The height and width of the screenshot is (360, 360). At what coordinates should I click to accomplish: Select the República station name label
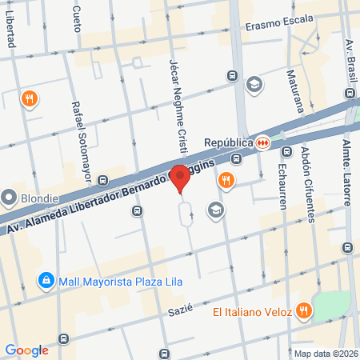[x=234, y=142]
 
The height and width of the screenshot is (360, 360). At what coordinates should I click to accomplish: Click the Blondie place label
[x=38, y=198]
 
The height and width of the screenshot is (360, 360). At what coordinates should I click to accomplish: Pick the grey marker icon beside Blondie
[x=10, y=197]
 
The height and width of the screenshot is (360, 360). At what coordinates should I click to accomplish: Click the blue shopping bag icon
[x=46, y=281]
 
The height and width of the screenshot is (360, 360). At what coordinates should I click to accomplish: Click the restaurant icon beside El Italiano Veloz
[x=303, y=310]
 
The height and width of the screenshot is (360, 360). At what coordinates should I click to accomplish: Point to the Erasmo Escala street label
[x=279, y=25]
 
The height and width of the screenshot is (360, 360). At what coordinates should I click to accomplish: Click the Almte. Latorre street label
[x=347, y=172]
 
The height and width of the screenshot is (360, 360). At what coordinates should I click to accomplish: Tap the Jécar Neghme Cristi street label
[x=178, y=105]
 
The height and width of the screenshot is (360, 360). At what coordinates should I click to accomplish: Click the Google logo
[x=27, y=350]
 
